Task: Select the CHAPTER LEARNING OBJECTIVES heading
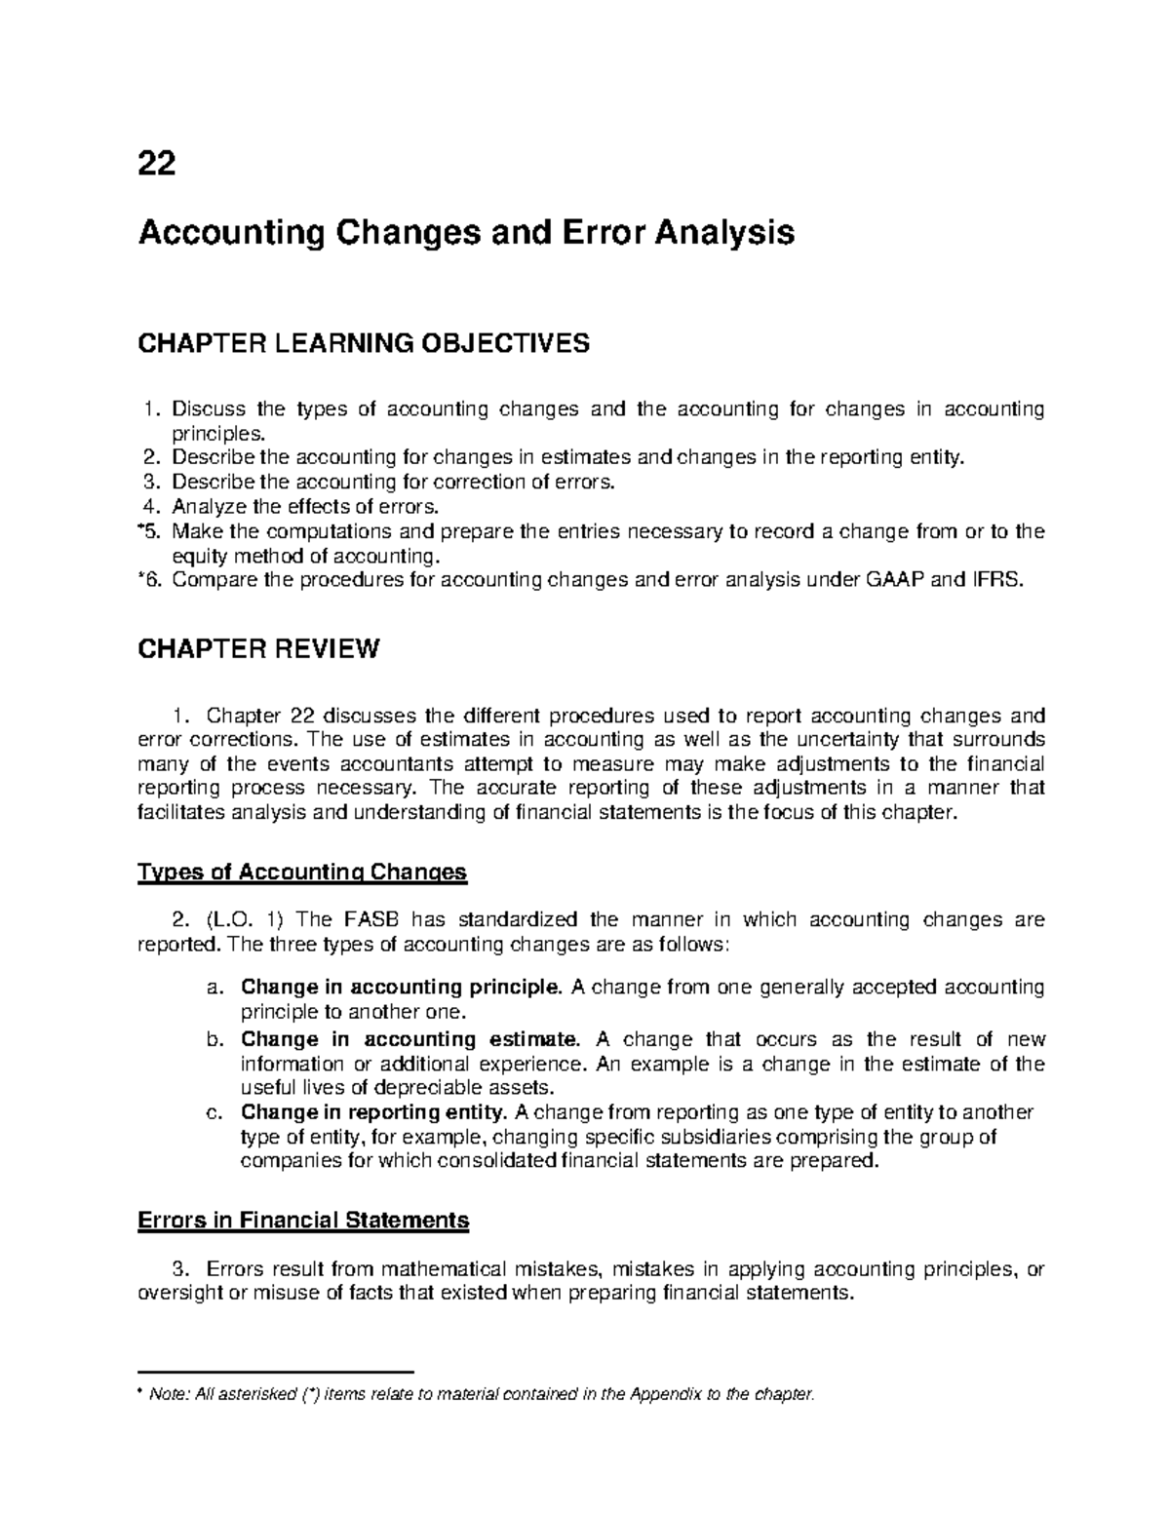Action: click(x=364, y=343)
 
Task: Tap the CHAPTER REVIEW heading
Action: click(x=257, y=649)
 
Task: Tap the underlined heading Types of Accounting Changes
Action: click(x=303, y=872)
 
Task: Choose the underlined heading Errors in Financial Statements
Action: click(x=304, y=1220)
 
